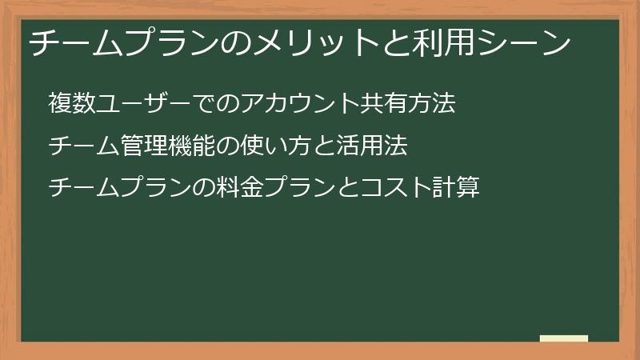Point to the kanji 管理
tap(144, 146)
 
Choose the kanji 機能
tap(192, 146)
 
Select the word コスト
tap(397, 189)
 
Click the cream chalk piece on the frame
tap(564, 339)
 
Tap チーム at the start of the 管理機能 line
tap(84, 146)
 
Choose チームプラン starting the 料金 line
tap(120, 189)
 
